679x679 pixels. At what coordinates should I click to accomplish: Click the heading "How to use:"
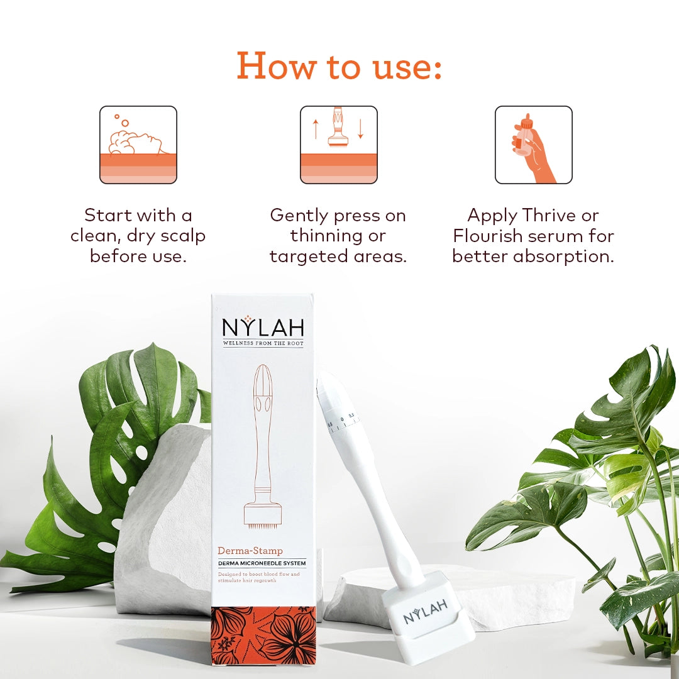pyautogui.click(x=339, y=65)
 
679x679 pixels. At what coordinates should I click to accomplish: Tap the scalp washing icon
pyautogui.click(x=138, y=145)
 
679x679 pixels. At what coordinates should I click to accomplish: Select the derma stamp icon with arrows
pyautogui.click(x=338, y=145)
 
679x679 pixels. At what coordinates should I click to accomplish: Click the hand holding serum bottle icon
pyautogui.click(x=533, y=145)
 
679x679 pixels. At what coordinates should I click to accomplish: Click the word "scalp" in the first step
pyautogui.click(x=183, y=236)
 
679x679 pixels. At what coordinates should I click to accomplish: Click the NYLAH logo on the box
pyautogui.click(x=263, y=327)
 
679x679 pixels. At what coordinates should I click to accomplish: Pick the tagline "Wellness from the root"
pyautogui.click(x=263, y=343)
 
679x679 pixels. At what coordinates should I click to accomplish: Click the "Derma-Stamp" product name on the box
pyautogui.click(x=250, y=551)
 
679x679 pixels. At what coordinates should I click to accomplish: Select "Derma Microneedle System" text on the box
pyautogui.click(x=262, y=563)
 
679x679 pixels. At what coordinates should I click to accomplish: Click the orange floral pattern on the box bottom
pyautogui.click(x=263, y=635)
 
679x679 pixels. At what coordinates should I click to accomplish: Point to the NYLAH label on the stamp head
pyautogui.click(x=426, y=611)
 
